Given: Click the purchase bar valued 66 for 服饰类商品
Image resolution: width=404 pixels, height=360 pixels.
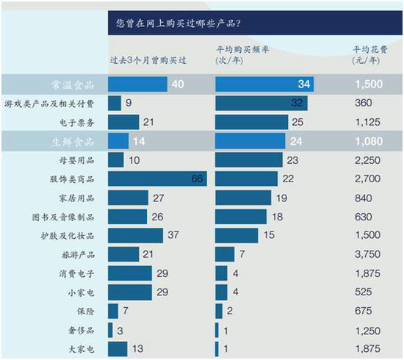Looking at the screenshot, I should [157, 179].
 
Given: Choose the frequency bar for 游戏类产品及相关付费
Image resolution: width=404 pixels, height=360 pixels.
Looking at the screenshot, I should [261, 103].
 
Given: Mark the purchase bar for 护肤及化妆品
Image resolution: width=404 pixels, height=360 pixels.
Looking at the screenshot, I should [135, 235].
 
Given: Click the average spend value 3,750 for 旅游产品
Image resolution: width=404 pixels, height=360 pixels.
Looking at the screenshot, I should [367, 254].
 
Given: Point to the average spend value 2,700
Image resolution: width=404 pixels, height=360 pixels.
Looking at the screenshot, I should [367, 179].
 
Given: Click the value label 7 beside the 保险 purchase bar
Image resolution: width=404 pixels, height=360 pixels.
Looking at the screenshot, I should [127, 312].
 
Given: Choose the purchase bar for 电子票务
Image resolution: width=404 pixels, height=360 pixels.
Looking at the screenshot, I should [123, 122].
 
